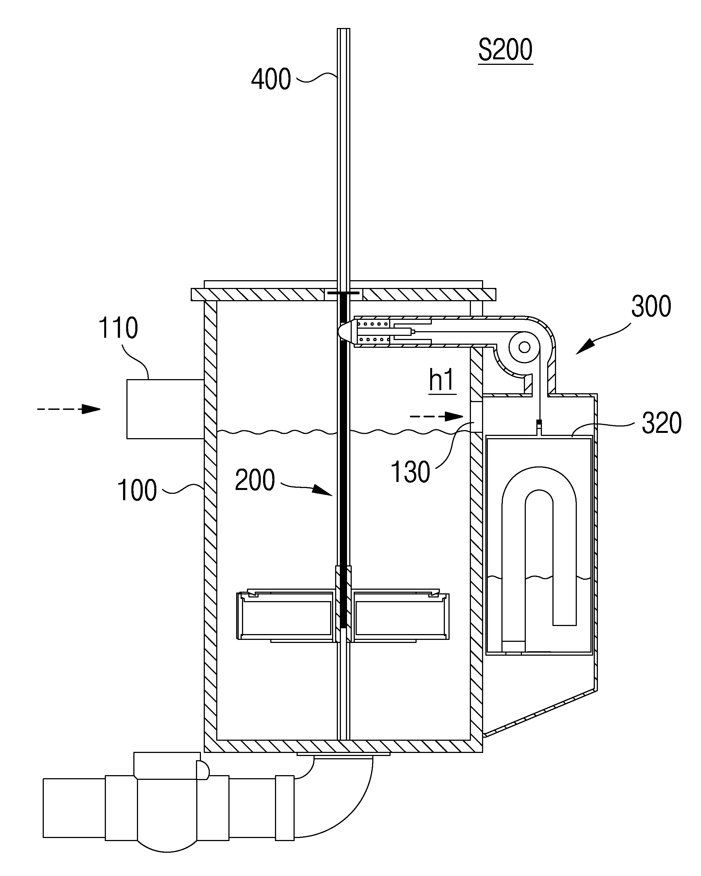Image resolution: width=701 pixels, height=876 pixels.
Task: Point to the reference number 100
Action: (x=137, y=490)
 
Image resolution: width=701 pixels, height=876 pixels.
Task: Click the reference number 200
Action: (x=255, y=480)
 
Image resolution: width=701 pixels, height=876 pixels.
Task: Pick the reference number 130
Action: (x=411, y=472)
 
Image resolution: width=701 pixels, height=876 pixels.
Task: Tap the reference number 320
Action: (x=662, y=423)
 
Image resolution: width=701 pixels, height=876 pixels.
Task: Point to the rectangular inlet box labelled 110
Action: (x=165, y=409)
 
